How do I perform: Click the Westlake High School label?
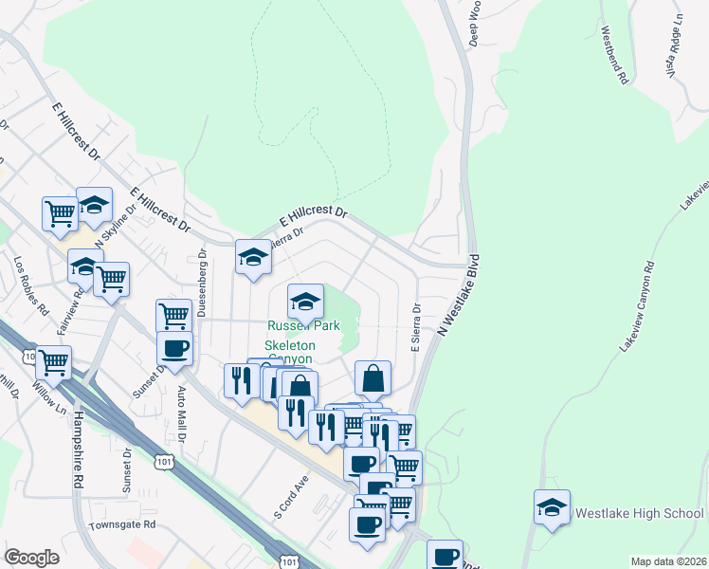point(639,513)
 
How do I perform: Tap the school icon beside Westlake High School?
point(551,508)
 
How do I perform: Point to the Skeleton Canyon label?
point(290,353)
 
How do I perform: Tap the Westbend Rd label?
point(614,56)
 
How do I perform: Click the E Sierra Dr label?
point(414,328)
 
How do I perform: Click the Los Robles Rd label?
point(29,285)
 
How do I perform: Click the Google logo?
point(31,558)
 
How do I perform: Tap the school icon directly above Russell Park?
point(305,302)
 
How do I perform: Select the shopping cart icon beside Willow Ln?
point(52,360)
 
